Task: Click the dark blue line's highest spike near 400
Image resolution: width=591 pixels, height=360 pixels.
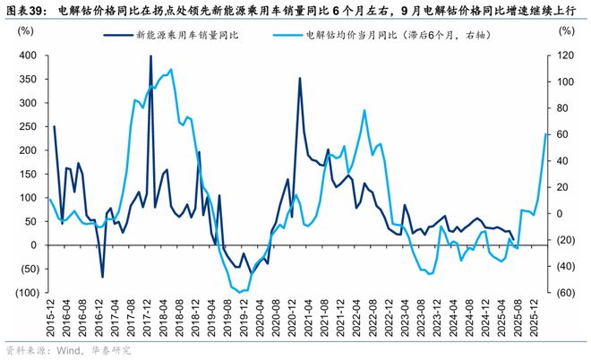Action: [150, 56]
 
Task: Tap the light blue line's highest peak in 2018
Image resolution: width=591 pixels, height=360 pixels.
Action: [170, 69]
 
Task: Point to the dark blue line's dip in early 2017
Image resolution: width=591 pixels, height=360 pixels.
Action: [102, 277]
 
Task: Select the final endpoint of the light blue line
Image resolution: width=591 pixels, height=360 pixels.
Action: [546, 134]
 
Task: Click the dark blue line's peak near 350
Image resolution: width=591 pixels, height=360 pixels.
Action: [300, 78]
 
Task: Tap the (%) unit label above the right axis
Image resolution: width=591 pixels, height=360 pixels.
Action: [564, 30]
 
